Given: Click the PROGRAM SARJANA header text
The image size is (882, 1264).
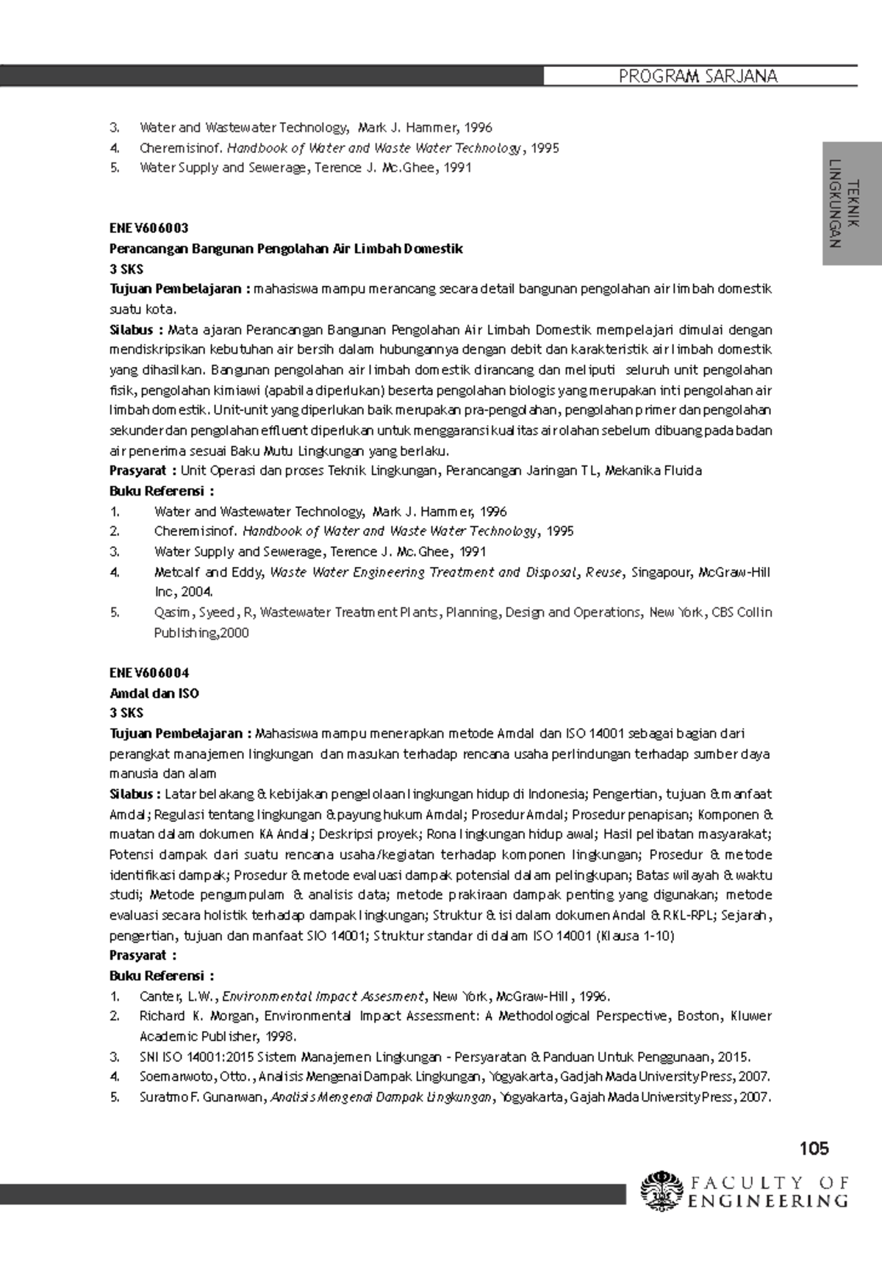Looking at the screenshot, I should click(698, 76).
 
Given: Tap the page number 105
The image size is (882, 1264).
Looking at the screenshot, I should click(814, 1148).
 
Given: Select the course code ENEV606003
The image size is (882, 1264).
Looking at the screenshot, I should click(149, 229).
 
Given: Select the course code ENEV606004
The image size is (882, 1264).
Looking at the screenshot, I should click(149, 673).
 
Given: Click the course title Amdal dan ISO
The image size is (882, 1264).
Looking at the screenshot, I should click(154, 693).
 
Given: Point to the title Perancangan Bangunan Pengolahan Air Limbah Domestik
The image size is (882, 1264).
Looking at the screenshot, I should click(286, 249).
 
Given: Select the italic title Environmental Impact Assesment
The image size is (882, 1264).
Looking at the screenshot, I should click(323, 996).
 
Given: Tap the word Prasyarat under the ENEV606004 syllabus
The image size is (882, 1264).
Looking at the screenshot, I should click(138, 955).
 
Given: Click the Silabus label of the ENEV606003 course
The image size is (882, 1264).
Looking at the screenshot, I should click(131, 329).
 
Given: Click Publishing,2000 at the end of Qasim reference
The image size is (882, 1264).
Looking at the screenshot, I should click(201, 632).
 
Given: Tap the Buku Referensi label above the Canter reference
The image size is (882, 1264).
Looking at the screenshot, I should click(157, 976).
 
